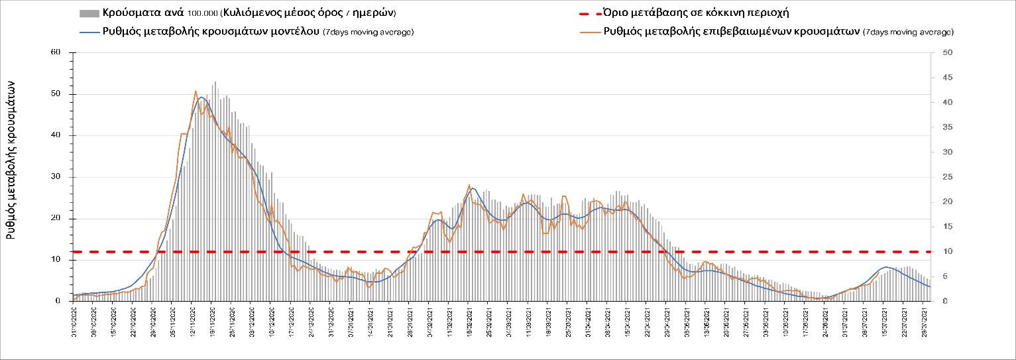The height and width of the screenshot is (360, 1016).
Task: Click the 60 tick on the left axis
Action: click(x=56, y=52)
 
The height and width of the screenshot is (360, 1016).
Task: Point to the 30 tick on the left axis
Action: click(x=56, y=177)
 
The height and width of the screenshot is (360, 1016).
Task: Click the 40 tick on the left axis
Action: click(x=56, y=135)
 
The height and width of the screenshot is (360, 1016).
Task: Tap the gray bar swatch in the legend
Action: click(x=89, y=13)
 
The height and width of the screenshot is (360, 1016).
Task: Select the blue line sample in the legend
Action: click(x=89, y=32)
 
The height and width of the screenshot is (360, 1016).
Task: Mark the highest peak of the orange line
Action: click(x=196, y=91)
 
